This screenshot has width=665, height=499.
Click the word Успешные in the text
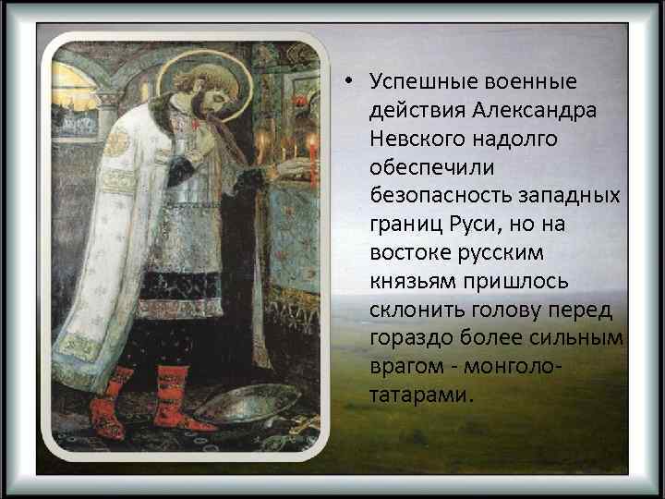point(413,82)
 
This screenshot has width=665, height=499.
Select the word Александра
point(536,110)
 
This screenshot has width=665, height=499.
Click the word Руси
point(478,225)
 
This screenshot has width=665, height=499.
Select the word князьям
point(409,282)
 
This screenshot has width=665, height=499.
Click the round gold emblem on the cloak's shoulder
point(117,143)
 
